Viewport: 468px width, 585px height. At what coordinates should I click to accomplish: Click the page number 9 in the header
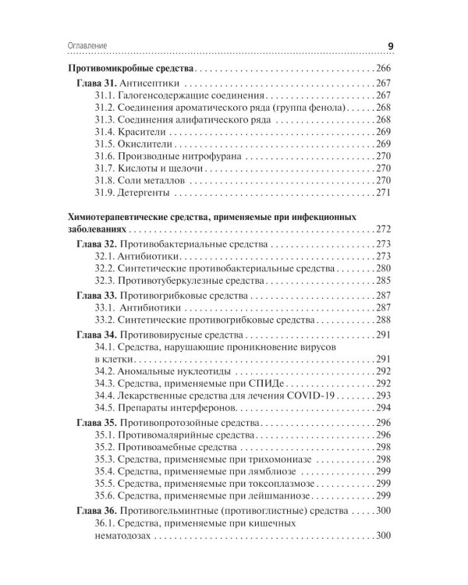click(x=390, y=45)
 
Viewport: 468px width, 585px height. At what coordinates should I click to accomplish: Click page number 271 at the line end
click(x=381, y=193)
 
